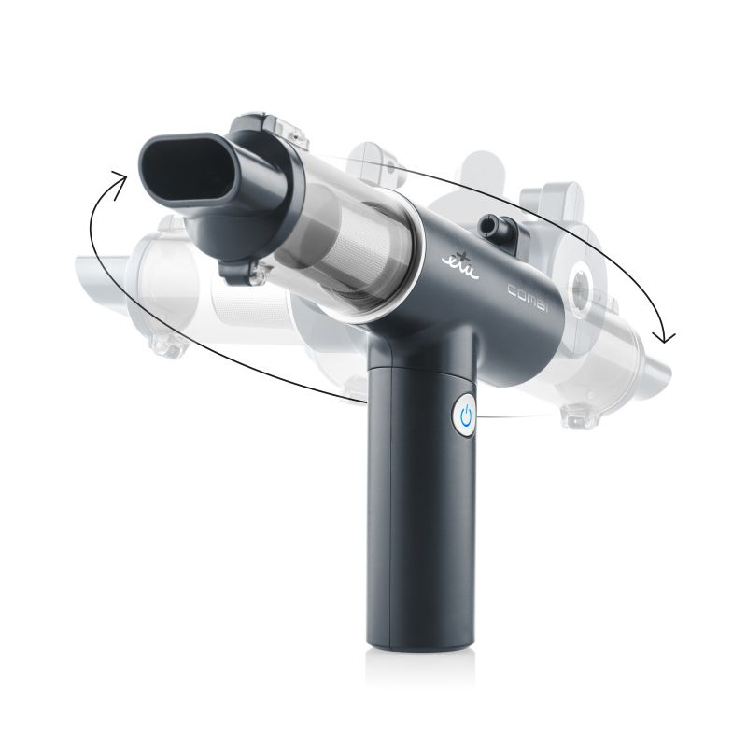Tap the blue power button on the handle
(x=468, y=414)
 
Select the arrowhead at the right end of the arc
(x=667, y=335)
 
